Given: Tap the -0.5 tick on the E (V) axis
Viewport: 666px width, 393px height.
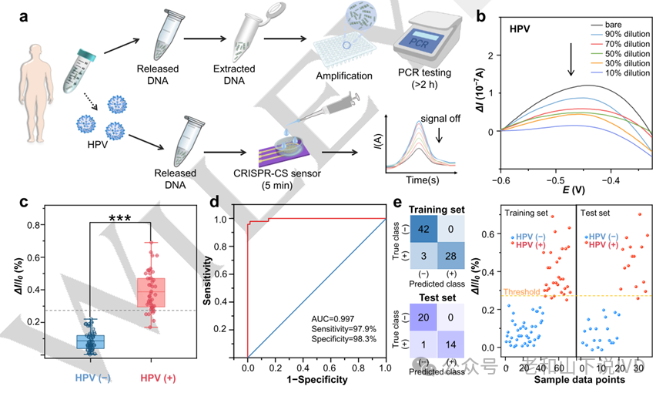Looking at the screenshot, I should tap(550, 179).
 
